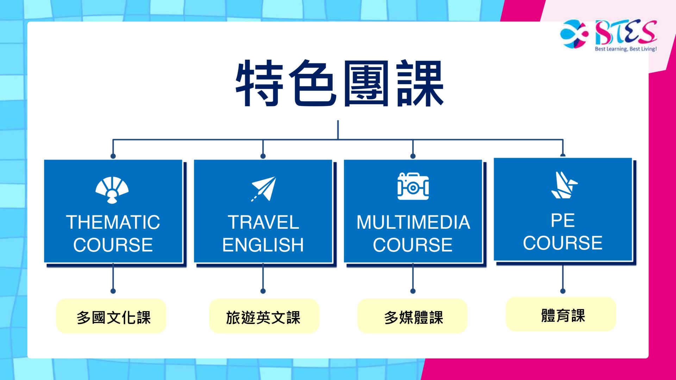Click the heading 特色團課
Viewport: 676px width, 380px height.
coord(340,83)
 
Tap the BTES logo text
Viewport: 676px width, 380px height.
coord(626,32)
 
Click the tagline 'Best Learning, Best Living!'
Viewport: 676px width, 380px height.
coord(626,49)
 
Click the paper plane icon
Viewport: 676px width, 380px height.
coord(263,189)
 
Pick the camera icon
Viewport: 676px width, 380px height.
coord(413,186)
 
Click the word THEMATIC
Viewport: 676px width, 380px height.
coord(113,222)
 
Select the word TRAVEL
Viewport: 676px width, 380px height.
coord(263,222)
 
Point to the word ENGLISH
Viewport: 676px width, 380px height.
coord(263,245)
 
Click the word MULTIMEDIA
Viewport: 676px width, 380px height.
coord(413,222)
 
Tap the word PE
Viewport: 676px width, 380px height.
coord(563,221)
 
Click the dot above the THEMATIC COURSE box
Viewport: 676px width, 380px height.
coord(113,156)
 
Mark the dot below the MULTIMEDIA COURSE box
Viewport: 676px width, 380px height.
coord(413,291)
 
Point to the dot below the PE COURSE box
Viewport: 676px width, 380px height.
coord(563,291)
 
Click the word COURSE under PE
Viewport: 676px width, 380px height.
coord(563,243)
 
